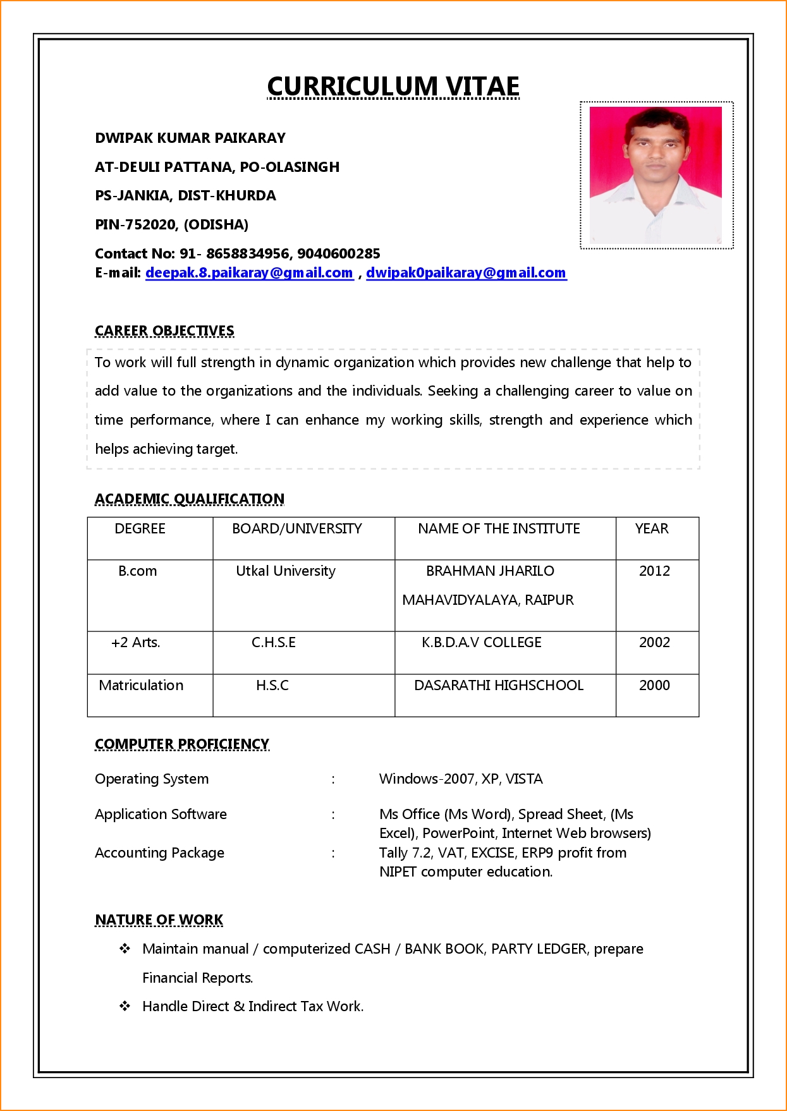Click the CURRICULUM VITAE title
point(393,87)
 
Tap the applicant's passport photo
point(656,175)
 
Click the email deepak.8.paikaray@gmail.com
point(249,273)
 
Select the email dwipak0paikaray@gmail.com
point(466,273)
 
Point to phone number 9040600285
point(338,253)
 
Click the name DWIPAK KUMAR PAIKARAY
point(190,138)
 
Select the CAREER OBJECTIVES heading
point(164,331)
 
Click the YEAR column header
point(652,528)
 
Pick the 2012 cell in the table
point(654,571)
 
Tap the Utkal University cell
point(286,571)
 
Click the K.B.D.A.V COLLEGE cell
point(482,642)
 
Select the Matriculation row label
point(141,685)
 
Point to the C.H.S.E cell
point(273,642)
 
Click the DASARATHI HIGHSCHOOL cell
point(499,685)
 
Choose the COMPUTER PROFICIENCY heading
point(182,744)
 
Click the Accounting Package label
point(159,853)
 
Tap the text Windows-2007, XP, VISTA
point(461,779)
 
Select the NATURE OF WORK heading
point(159,920)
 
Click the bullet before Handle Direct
point(125,1005)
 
